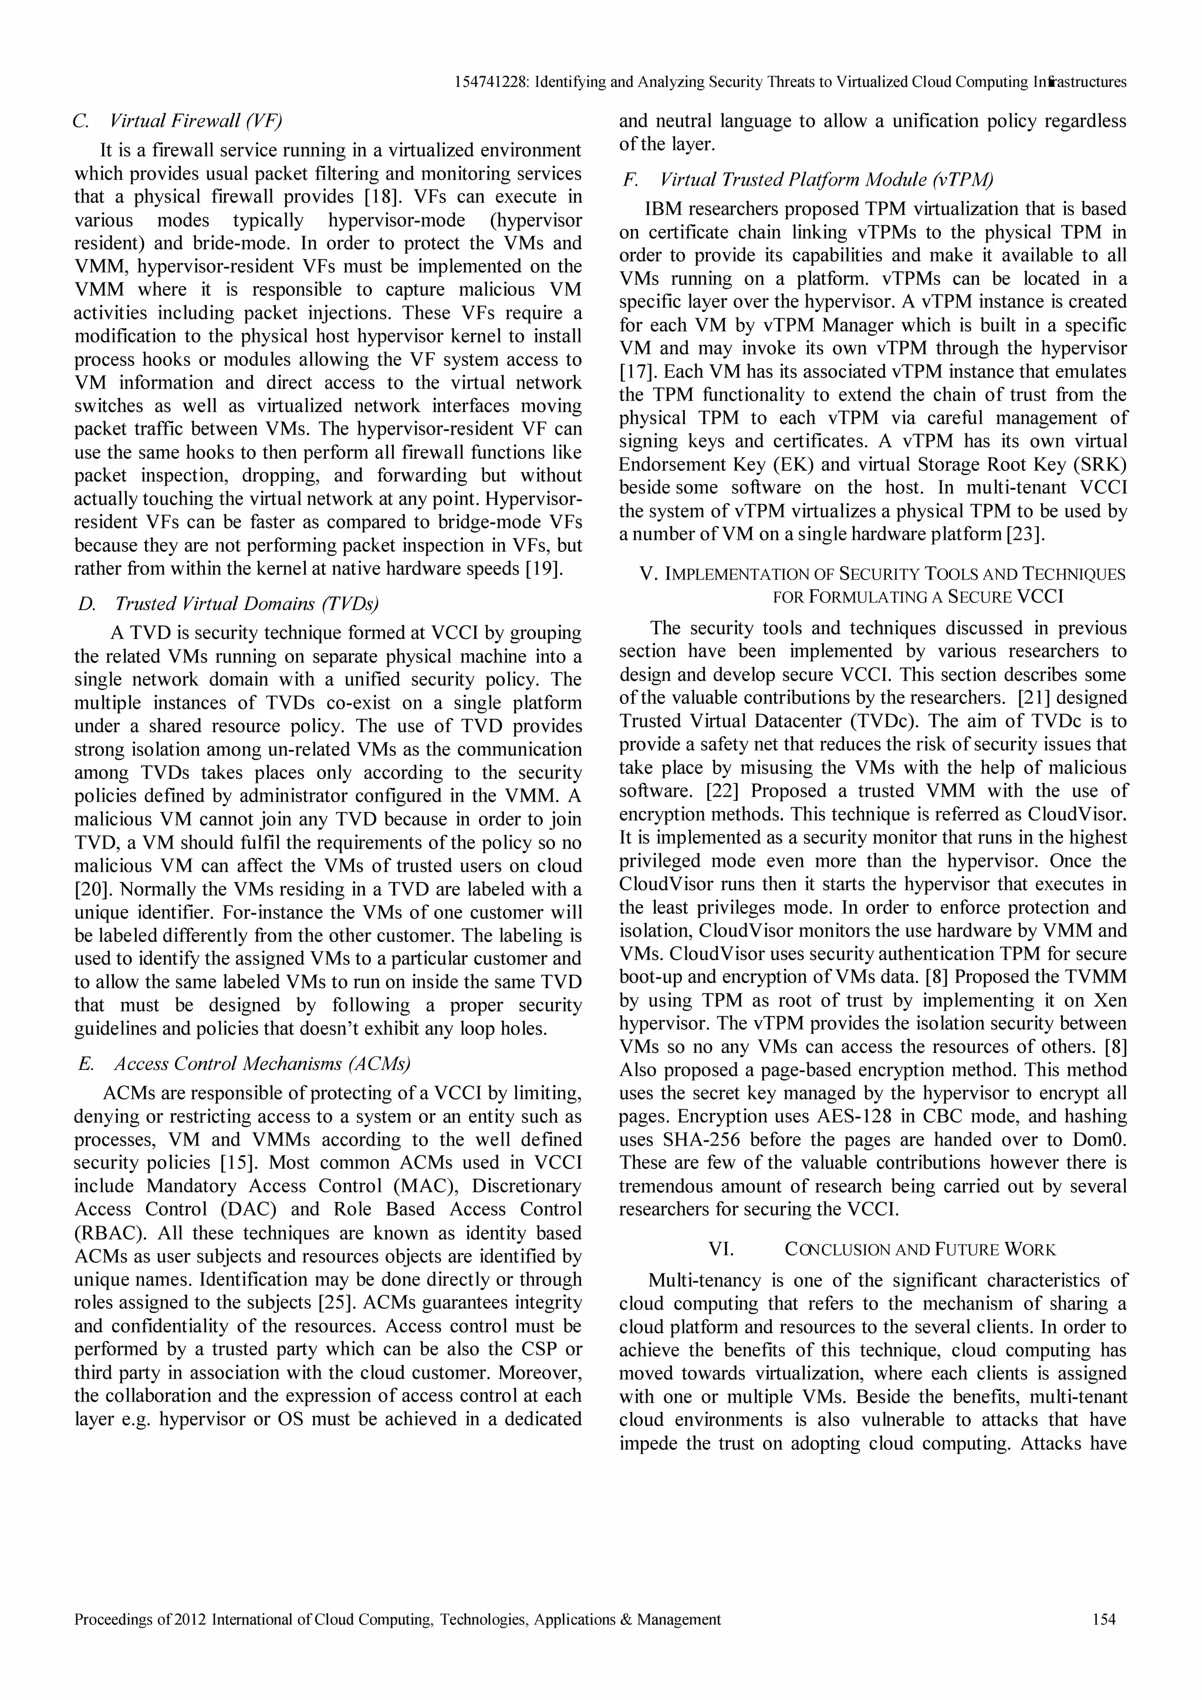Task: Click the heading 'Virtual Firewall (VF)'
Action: click(196, 121)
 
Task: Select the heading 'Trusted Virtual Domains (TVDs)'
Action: click(247, 604)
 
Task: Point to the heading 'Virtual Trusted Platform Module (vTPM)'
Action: click(826, 179)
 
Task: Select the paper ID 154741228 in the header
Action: click(491, 82)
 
